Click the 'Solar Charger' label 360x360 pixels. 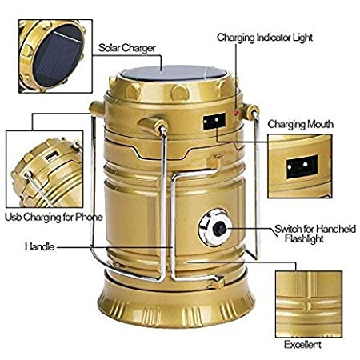(x=127, y=48)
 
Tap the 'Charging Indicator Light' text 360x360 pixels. (x=265, y=38)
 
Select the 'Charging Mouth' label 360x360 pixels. (x=300, y=124)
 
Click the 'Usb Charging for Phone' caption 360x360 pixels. (x=54, y=218)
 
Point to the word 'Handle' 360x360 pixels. (x=39, y=246)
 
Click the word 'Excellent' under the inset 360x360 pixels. (x=302, y=345)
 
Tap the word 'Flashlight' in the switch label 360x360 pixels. (x=304, y=238)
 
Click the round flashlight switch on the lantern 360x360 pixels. (x=214, y=228)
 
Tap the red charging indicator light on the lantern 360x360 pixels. (x=236, y=113)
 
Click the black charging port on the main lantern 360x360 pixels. (x=214, y=122)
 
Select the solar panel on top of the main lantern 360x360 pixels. (x=174, y=73)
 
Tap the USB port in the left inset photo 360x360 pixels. (x=52, y=155)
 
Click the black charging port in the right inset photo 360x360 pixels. (x=302, y=166)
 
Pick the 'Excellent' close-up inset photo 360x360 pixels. (x=309, y=304)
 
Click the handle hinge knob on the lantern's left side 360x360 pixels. (x=97, y=109)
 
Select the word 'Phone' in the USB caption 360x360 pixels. (x=89, y=217)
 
